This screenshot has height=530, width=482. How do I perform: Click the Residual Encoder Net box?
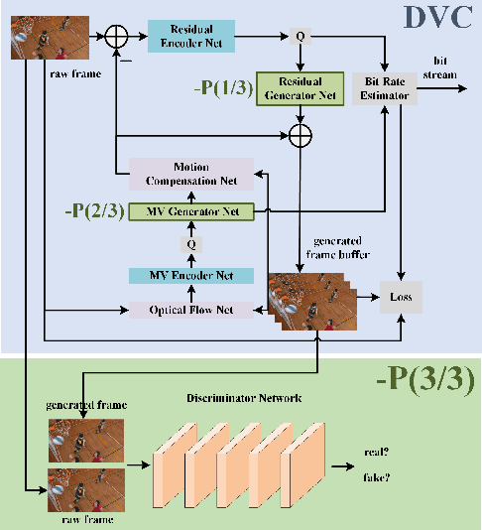point(191,37)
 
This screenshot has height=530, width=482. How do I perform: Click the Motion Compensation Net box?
point(191,174)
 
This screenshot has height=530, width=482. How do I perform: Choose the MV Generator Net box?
point(191,211)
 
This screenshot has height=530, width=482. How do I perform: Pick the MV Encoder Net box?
point(191,275)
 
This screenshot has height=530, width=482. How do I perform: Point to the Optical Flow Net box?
point(191,310)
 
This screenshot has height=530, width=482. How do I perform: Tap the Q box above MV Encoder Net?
point(191,243)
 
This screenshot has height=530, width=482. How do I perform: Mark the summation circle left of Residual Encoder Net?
point(117,38)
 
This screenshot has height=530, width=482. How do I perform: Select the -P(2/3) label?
point(92,211)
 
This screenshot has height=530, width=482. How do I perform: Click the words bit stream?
point(441,66)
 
